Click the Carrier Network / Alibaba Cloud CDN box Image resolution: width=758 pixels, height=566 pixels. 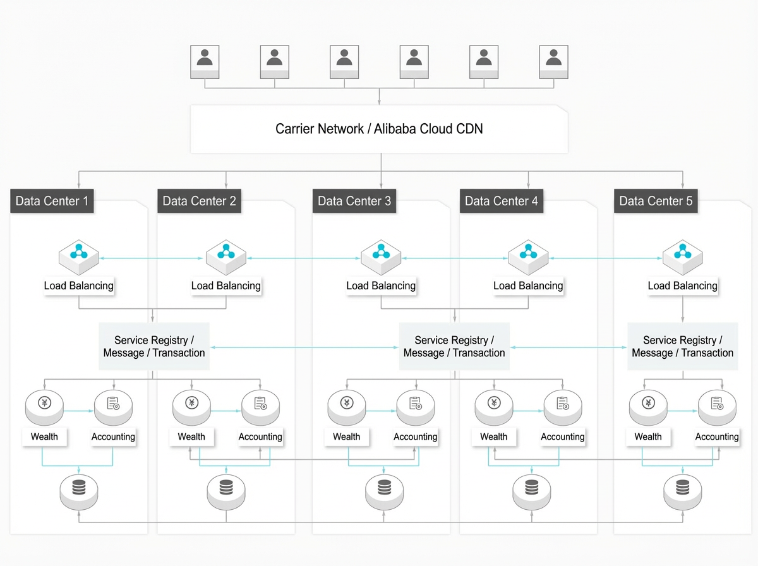379,129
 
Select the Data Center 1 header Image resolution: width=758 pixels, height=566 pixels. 52,201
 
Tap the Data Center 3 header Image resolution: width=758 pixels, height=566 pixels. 354,201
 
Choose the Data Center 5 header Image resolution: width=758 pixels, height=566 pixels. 656,201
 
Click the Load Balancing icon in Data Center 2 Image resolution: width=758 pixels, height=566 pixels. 226,257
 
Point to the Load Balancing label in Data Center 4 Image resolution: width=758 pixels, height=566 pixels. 528,286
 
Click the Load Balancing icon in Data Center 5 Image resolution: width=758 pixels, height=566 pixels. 682,257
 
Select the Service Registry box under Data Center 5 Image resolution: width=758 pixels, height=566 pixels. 682,346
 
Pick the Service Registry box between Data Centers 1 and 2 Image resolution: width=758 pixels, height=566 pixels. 154,346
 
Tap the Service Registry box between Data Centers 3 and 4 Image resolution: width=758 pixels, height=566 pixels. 454,346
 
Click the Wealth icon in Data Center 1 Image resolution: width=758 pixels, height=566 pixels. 44,407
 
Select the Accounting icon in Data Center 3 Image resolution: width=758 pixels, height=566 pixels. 416,407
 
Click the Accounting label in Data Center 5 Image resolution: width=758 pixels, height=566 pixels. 717,437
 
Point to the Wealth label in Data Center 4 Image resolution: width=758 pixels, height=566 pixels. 493,437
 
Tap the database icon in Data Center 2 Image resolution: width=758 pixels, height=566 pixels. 226,492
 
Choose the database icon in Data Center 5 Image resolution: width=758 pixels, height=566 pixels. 682,492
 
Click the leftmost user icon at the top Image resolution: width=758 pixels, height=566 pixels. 205,62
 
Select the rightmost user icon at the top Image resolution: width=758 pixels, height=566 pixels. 553,62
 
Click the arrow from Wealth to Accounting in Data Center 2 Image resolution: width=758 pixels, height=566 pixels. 226,411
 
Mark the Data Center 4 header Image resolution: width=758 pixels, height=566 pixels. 502,201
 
